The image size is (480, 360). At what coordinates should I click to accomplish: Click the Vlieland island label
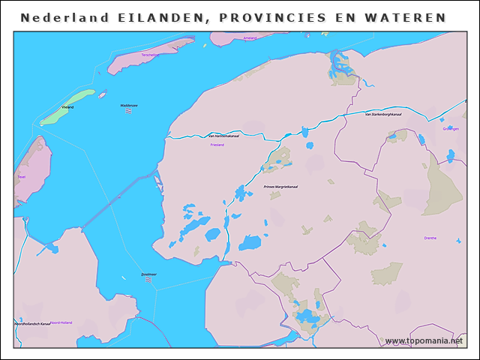[67, 108]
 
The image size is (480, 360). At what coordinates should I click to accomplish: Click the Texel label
[21, 177]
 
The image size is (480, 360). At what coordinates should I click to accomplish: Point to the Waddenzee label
[129, 106]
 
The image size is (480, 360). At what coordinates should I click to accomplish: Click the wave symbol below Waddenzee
[129, 112]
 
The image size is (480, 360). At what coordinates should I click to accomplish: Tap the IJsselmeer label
[148, 274]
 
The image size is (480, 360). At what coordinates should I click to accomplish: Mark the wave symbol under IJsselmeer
[148, 280]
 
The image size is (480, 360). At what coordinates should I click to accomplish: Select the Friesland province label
[217, 144]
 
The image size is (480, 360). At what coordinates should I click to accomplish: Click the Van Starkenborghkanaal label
[382, 115]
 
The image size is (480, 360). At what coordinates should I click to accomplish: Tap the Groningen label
[450, 129]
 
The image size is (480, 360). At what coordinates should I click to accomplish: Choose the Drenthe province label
[430, 238]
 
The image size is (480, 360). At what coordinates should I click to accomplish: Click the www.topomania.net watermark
[424, 340]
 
